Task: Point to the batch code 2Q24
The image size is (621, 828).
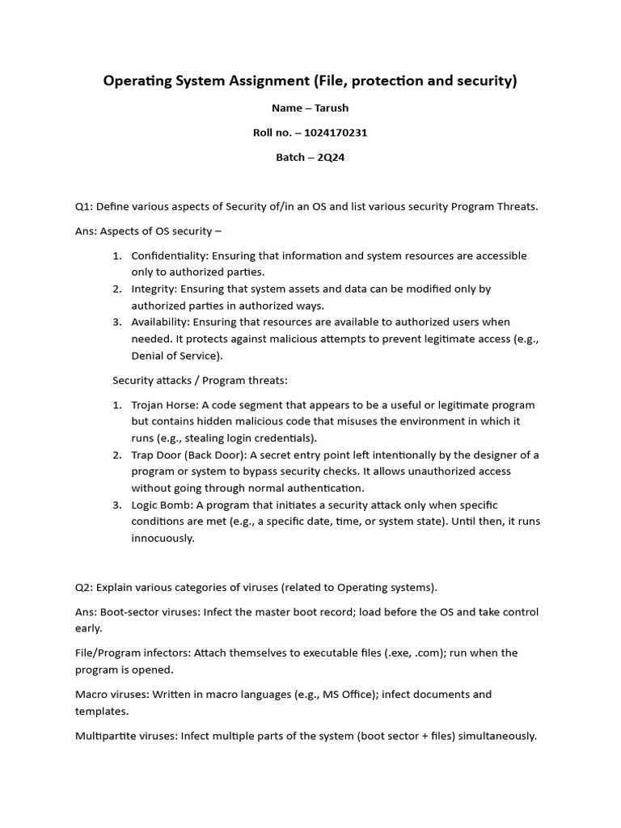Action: [332, 157]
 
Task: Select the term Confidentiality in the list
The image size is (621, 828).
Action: [169, 256]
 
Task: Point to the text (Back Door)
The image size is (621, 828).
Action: [213, 454]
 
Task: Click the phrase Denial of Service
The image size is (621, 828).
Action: [174, 355]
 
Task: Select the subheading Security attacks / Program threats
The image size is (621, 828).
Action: [200, 379]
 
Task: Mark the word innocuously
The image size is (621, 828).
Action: [163, 538]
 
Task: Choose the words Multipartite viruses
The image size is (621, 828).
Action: [125, 736]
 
